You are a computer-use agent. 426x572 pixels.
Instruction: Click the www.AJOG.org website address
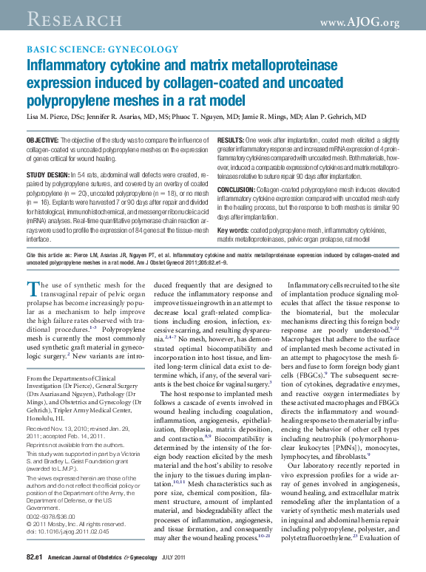pos(359,22)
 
